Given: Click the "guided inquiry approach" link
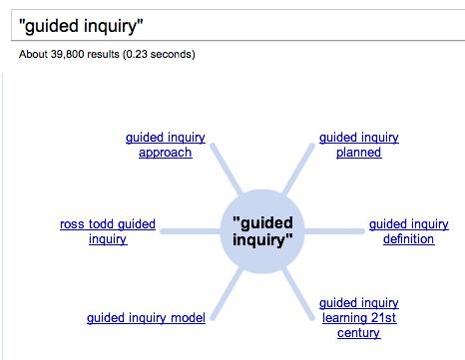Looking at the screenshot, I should [x=159, y=146].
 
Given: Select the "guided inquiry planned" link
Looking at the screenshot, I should [x=358, y=146].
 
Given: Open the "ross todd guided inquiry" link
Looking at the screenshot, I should [x=107, y=231].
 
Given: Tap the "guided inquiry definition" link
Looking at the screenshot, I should [x=408, y=231].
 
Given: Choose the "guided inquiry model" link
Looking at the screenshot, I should [x=146, y=318].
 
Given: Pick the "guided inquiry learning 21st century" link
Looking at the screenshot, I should [x=358, y=317].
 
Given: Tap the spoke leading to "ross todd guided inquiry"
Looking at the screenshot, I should [x=189, y=231].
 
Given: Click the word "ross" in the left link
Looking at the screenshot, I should [x=72, y=224].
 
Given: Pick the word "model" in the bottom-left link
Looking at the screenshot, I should [x=188, y=318].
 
